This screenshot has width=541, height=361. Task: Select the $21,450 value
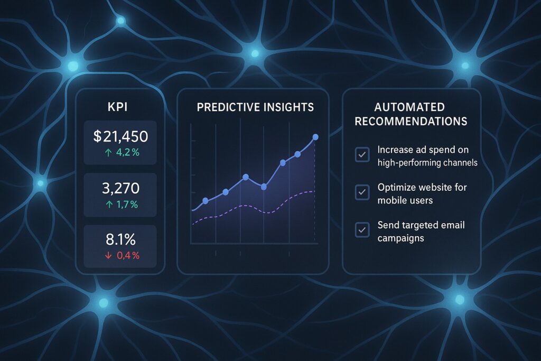tap(120, 137)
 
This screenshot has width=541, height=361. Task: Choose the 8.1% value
tap(120, 239)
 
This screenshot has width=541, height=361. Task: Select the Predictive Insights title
tap(255, 107)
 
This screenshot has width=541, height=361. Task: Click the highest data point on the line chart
tap(315, 137)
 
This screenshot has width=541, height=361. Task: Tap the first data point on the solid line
tap(206, 201)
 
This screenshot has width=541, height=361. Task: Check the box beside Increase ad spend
tap(362, 155)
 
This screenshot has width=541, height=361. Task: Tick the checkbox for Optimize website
tap(362, 192)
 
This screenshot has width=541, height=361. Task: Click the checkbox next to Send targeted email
tap(362, 230)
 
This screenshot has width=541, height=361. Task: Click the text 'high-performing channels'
tap(427, 163)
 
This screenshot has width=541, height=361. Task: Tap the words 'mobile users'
tap(405, 200)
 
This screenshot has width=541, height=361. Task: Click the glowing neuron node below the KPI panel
tap(104, 303)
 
